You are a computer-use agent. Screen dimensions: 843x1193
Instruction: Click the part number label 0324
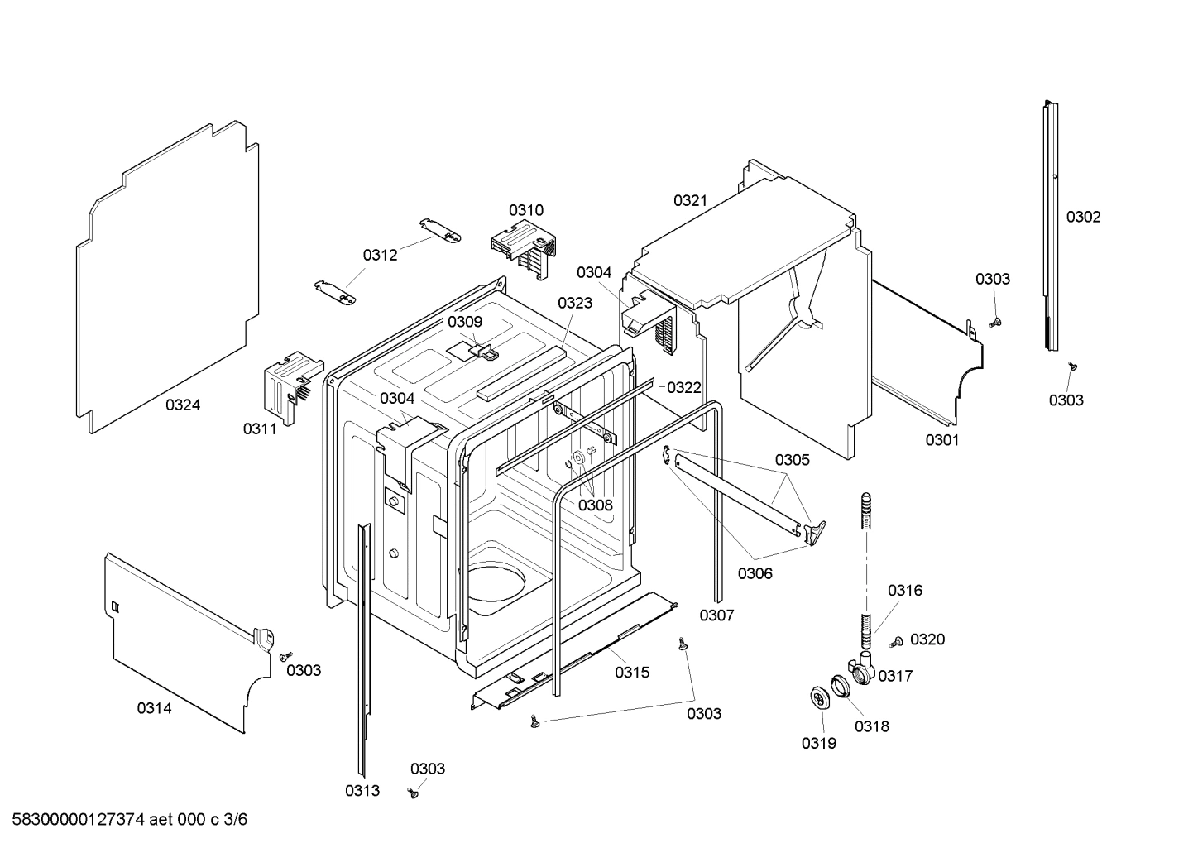(x=182, y=405)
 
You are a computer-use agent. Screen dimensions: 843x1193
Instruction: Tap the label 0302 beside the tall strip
(x=1083, y=218)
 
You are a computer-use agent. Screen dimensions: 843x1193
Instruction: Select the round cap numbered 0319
(x=821, y=697)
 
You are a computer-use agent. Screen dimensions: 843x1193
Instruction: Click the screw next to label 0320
(x=897, y=642)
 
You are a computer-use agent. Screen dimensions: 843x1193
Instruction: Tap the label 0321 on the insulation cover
(x=690, y=200)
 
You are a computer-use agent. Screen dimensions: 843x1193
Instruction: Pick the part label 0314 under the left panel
(x=155, y=708)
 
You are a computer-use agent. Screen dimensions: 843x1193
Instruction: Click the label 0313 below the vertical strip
(x=362, y=791)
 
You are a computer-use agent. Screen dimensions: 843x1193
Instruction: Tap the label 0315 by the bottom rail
(x=632, y=673)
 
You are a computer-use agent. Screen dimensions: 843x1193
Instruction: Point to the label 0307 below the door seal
(x=716, y=615)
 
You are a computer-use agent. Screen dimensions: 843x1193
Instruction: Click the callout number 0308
(x=595, y=505)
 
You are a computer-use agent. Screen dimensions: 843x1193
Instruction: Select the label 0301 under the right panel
(x=942, y=440)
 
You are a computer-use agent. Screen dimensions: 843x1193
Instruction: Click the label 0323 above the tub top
(x=575, y=304)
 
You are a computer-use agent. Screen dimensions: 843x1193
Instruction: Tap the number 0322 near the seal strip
(x=684, y=387)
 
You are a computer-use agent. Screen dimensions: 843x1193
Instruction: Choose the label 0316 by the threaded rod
(x=905, y=591)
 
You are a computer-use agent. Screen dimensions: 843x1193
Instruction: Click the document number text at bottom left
(x=124, y=820)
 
